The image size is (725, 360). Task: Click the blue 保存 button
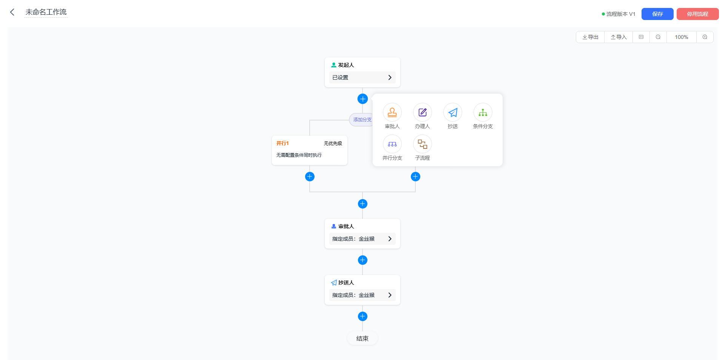point(657,14)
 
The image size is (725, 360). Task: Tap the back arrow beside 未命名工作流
point(12,12)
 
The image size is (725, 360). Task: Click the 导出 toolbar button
point(590,37)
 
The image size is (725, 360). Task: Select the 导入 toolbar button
point(619,37)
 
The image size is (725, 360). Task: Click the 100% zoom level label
point(682,37)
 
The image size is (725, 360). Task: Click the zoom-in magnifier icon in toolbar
point(705,37)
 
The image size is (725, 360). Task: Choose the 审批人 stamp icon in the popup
point(392,112)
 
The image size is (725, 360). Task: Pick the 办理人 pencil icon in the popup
point(423,112)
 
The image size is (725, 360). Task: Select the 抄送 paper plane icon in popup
point(453,112)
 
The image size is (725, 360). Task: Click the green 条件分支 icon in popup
point(483,112)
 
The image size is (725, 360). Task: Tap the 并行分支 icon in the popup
point(392,144)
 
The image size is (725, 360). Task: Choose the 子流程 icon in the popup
point(423,144)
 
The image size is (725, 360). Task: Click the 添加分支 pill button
point(361,120)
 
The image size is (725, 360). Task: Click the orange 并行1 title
point(282,143)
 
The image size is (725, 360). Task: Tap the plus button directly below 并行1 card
point(310,176)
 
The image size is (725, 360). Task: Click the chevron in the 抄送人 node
point(390,295)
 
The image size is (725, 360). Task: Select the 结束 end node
point(362,338)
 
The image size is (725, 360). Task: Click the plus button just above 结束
point(362,316)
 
